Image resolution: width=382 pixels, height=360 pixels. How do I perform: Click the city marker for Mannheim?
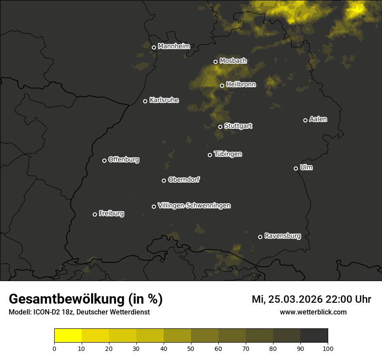point(154,48)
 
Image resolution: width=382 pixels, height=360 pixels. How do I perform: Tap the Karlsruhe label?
point(164,100)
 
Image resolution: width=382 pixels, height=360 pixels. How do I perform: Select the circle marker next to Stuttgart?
point(220,127)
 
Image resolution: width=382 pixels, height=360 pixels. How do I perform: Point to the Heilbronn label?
point(240,85)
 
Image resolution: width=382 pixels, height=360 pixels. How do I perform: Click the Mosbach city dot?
point(215,62)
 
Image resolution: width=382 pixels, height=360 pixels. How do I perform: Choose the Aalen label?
point(318,119)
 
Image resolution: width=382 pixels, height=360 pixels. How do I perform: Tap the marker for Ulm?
point(296,168)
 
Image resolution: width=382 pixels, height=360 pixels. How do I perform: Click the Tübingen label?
point(227,154)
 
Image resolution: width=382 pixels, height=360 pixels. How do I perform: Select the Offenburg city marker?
point(104,160)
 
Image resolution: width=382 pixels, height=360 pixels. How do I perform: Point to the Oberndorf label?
point(184,180)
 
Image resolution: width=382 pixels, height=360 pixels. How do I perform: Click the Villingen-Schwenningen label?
point(194,206)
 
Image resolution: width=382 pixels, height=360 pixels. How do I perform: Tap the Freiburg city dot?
point(95,214)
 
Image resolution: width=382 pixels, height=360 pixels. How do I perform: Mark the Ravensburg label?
point(282,236)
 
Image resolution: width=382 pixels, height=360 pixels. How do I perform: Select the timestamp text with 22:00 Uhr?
point(311,299)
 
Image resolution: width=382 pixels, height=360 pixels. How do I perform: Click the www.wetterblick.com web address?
point(313,312)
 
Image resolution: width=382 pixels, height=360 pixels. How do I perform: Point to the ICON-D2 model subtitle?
point(79,312)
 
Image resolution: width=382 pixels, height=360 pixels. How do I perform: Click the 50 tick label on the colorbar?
point(191,348)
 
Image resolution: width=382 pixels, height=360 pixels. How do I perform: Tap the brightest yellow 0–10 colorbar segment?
point(68,336)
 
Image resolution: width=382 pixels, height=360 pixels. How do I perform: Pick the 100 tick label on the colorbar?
point(328,348)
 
